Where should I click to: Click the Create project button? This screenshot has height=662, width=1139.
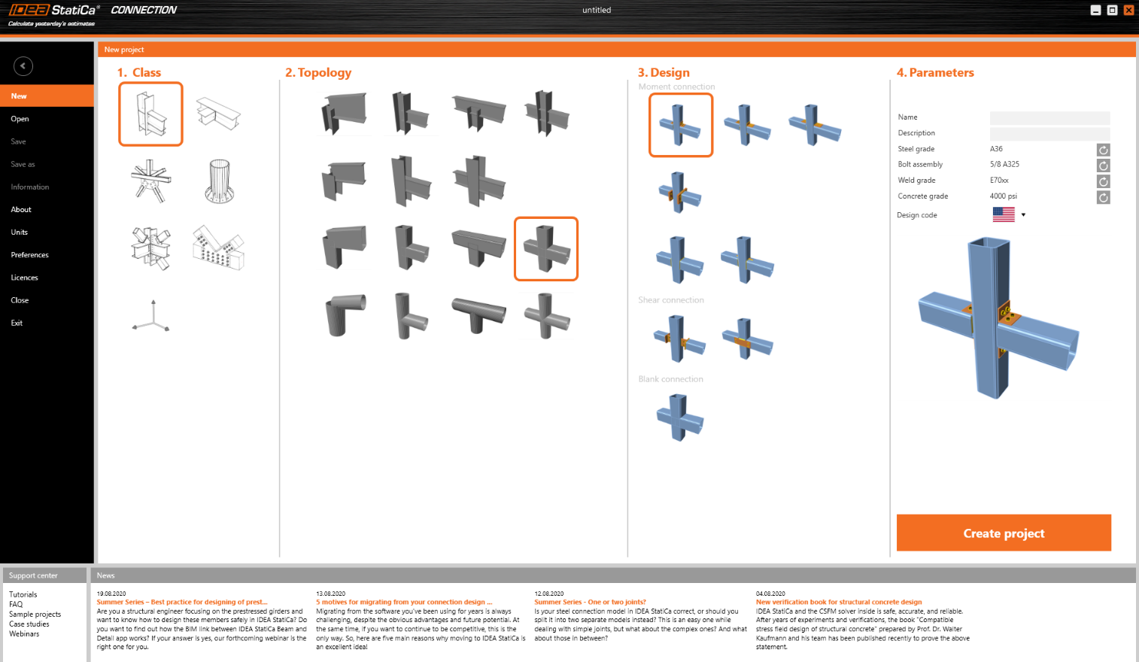pyautogui.click(x=1004, y=533)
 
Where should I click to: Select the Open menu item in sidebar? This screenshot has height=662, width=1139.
pyautogui.click(x=20, y=119)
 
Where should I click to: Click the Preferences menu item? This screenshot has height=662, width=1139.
pyautogui.click(x=30, y=255)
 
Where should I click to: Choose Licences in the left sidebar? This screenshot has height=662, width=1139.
pyautogui.click(x=25, y=278)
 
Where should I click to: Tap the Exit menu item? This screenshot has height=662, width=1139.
pyautogui.click(x=17, y=323)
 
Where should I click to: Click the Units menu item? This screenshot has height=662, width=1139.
pyautogui.click(x=20, y=232)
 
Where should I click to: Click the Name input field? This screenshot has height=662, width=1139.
pyautogui.click(x=1049, y=117)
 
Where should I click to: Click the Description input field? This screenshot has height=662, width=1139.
pyautogui.click(x=1049, y=133)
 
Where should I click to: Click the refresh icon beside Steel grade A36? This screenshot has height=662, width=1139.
pyautogui.click(x=1104, y=150)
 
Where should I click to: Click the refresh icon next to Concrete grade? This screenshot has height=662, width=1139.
pyautogui.click(x=1104, y=197)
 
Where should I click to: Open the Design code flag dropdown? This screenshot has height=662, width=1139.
pyautogui.click(x=1009, y=214)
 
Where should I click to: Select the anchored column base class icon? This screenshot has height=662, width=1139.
pyautogui.click(x=219, y=181)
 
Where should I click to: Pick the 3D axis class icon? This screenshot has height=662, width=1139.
pyautogui.click(x=152, y=316)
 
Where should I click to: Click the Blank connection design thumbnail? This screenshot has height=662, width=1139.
pyautogui.click(x=680, y=417)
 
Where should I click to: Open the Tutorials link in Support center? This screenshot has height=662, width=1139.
pyautogui.click(x=23, y=594)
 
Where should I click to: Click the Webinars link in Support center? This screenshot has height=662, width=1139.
pyautogui.click(x=24, y=633)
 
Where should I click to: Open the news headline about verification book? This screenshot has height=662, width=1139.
pyautogui.click(x=839, y=602)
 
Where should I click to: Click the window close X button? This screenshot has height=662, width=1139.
pyautogui.click(x=1128, y=10)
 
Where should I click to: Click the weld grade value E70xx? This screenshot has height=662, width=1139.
pyautogui.click(x=999, y=181)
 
